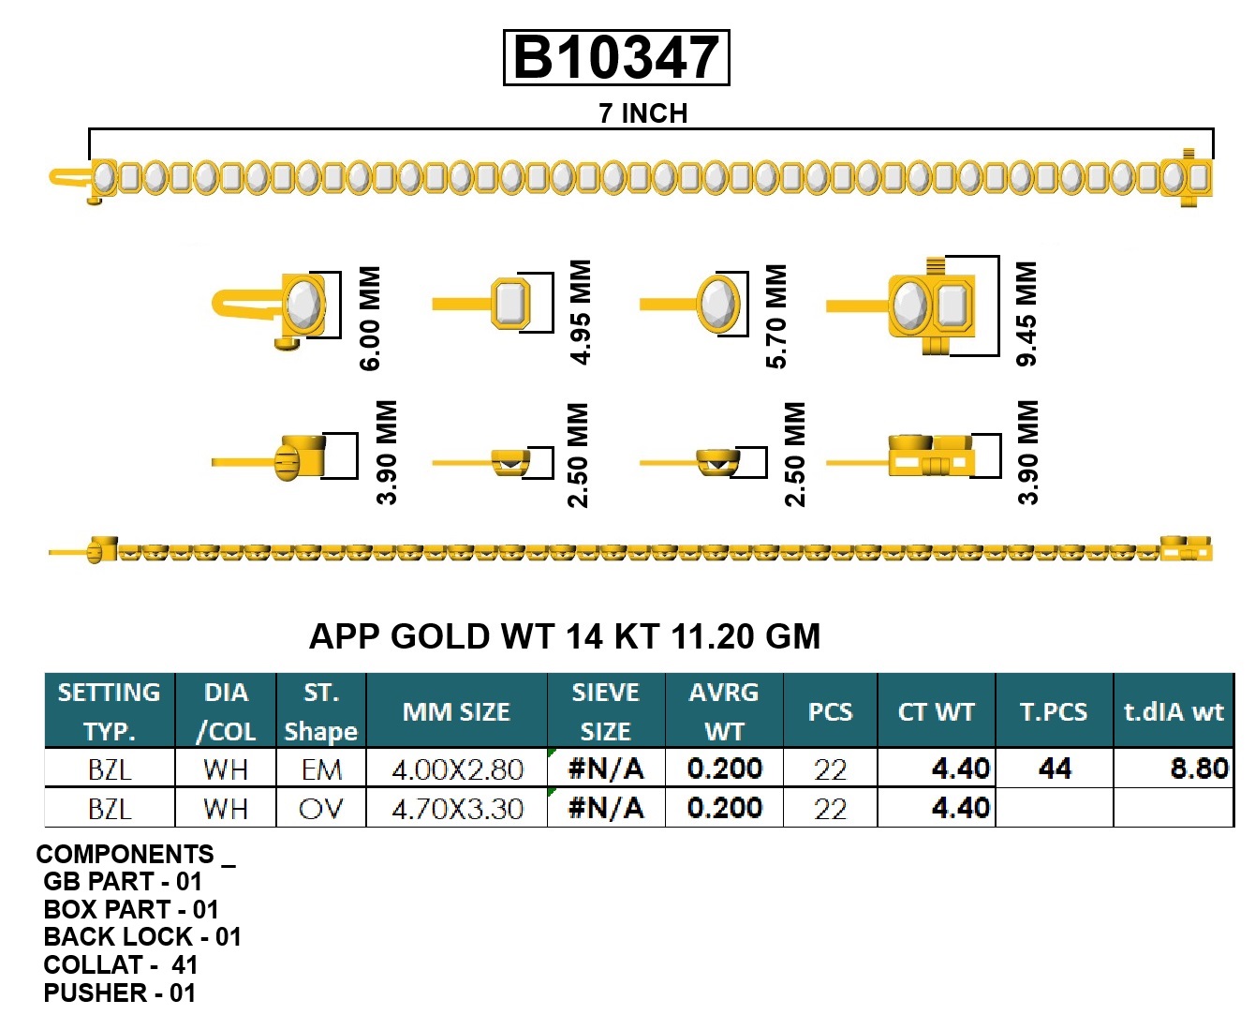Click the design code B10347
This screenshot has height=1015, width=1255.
(x=616, y=58)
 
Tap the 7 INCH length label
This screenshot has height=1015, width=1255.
(x=642, y=113)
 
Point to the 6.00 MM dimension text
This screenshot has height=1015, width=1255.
(x=370, y=318)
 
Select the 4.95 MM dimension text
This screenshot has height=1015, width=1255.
(x=581, y=312)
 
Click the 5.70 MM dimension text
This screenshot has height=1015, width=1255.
(x=776, y=316)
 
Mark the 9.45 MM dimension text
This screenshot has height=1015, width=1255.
(x=1027, y=314)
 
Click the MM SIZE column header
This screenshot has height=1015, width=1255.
(x=456, y=712)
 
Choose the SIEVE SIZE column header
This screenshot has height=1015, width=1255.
(x=605, y=711)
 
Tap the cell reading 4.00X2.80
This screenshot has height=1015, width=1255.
(x=456, y=770)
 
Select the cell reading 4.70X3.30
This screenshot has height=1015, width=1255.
(x=456, y=809)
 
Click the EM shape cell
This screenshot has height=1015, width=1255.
(x=320, y=770)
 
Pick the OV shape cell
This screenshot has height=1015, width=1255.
(x=320, y=809)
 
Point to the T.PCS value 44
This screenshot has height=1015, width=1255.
(x=1055, y=769)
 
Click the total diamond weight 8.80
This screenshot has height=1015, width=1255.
(x=1199, y=769)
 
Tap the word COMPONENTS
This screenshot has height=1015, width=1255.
(x=125, y=855)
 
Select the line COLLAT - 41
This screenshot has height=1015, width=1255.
(x=120, y=965)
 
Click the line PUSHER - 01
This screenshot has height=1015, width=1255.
(x=119, y=993)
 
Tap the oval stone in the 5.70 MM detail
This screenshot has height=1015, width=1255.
(x=718, y=304)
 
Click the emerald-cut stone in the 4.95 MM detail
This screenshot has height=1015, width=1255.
(x=510, y=303)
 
